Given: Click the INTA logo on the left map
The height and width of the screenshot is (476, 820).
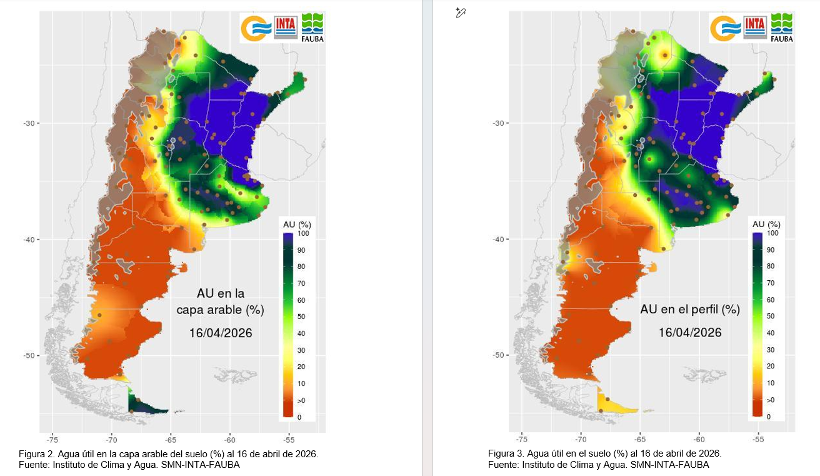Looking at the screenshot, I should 286,27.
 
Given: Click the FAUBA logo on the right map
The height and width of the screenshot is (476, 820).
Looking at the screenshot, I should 781,28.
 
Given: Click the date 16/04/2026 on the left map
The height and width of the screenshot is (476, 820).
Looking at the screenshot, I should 221,333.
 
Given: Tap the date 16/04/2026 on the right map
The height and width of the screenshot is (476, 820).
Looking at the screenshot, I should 690,332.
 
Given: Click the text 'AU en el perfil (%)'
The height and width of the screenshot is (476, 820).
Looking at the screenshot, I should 689,310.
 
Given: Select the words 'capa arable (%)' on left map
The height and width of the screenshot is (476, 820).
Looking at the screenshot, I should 221,310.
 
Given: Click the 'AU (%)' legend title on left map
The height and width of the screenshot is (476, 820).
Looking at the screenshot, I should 297,225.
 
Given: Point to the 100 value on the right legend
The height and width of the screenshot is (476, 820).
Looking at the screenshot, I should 772,233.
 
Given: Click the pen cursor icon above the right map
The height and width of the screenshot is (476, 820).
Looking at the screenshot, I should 461,12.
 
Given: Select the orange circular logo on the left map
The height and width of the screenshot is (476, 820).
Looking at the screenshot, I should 256,28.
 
